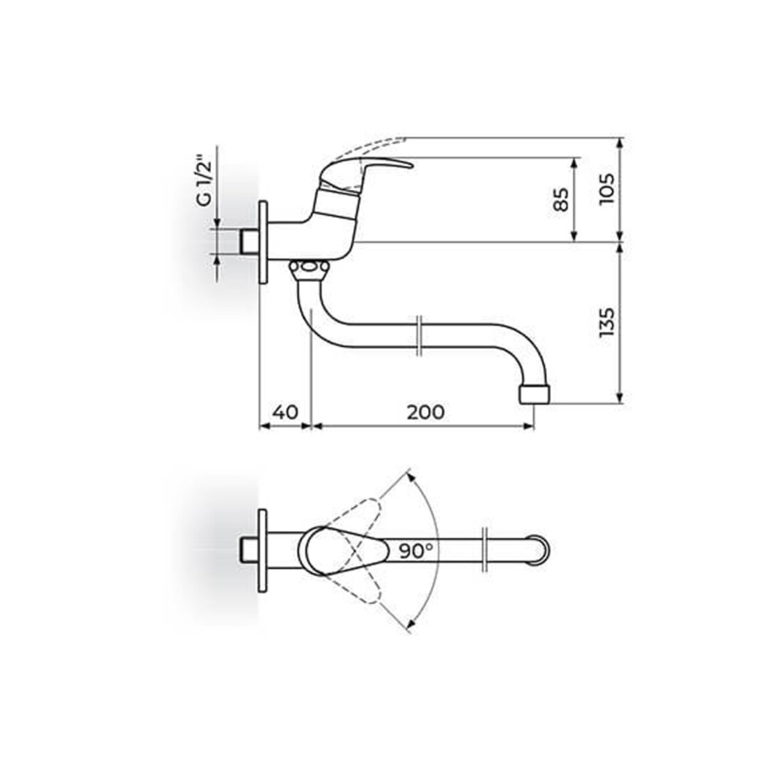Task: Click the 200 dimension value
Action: pyautogui.click(x=425, y=412)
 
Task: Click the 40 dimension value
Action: pyautogui.click(x=285, y=412)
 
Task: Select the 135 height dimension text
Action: pyautogui.click(x=606, y=322)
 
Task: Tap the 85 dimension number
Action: pyautogui.click(x=561, y=199)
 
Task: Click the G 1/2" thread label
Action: pyautogui.click(x=203, y=180)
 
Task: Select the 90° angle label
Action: pyautogui.click(x=416, y=551)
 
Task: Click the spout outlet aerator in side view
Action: pyautogui.click(x=535, y=394)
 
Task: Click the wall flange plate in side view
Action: pyautogui.click(x=264, y=242)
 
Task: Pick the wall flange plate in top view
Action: pyautogui.click(x=263, y=550)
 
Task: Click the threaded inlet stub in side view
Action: pyautogui.click(x=249, y=242)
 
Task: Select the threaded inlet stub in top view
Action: pyautogui.click(x=249, y=550)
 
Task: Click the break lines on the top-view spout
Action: pyautogui.click(x=484, y=550)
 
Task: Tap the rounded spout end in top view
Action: pyautogui.click(x=541, y=550)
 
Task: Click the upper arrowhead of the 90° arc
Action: pyautogui.click(x=409, y=477)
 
